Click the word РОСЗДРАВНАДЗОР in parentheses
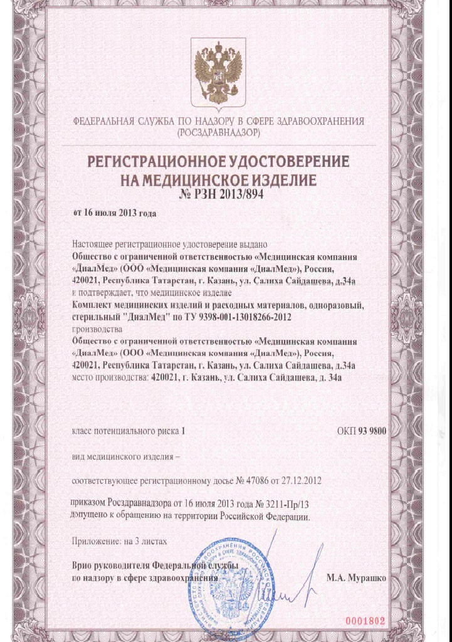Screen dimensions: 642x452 (x=218, y=133)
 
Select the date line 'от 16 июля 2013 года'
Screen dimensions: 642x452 (x=115, y=213)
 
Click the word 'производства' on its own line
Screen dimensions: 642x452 (x=93, y=329)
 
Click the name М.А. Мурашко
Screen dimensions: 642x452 (x=356, y=578)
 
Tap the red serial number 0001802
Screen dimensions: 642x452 (x=366, y=621)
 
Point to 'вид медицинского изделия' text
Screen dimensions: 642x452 (x=121, y=457)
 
